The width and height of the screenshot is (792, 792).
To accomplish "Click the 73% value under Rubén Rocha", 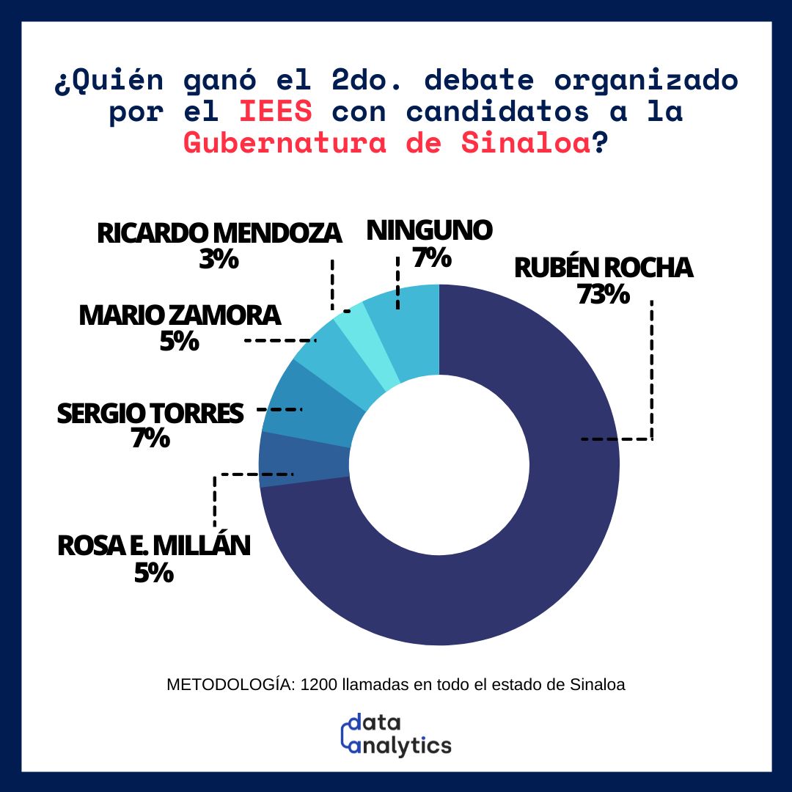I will coord(603,295).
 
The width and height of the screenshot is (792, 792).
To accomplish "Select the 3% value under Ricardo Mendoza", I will coord(219,259).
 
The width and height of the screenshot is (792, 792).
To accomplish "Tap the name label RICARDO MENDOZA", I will coord(219,233).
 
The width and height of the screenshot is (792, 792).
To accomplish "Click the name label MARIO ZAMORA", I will coord(180,315).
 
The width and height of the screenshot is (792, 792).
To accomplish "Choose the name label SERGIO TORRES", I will coord(150,414).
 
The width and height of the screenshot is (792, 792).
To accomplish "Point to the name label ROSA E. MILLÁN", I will coord(153,546).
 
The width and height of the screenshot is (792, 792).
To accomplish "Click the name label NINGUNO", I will coord(429,230).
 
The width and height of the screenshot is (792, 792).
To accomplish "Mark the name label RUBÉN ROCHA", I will coord(603,268).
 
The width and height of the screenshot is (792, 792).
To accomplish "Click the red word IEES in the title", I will coord(276,112).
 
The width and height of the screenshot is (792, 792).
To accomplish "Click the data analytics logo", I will coord(396,733).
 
